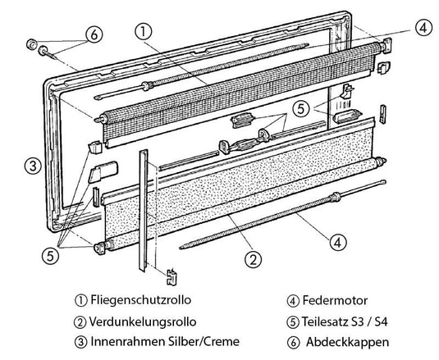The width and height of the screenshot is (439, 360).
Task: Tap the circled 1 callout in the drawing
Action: [x=144, y=32]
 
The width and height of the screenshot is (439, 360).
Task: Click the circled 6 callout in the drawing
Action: [x=93, y=34]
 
